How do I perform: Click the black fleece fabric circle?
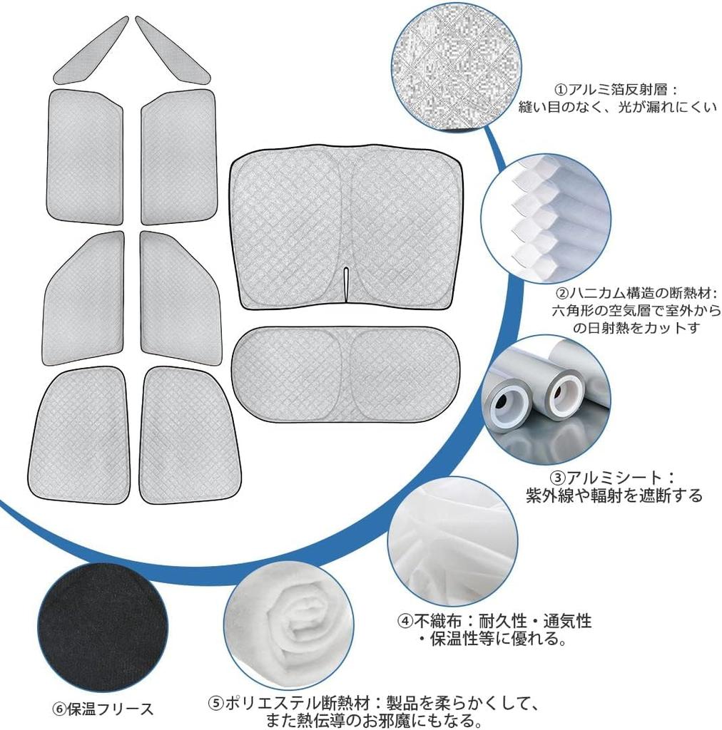(104, 629)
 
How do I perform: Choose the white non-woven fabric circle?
(453, 541)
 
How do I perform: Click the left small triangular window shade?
(91, 51)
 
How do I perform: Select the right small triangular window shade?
(173, 51)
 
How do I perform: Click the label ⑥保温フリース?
(103, 709)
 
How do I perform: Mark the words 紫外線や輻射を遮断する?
(614, 495)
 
